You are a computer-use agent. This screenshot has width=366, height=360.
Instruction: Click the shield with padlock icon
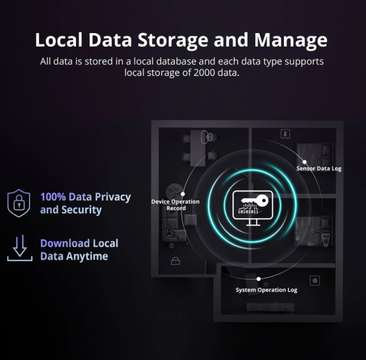pyautogui.click(x=18, y=203)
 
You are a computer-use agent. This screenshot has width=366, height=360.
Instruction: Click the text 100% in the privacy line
pyautogui.click(x=53, y=197)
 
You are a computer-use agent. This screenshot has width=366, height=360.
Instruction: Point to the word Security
pyautogui.click(x=81, y=210)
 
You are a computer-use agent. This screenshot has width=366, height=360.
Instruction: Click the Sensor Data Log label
pyautogui.click(x=319, y=168)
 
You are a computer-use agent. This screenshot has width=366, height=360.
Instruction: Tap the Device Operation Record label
pyautogui.click(x=176, y=205)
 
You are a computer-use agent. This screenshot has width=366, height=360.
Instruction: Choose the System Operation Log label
pyautogui.click(x=266, y=290)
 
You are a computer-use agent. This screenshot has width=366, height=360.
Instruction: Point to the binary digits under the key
pyautogui.click(x=248, y=213)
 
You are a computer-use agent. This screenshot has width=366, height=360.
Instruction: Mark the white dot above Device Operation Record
pyautogui.click(x=182, y=194)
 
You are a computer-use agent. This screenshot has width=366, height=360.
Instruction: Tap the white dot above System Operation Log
pyautogui.click(x=258, y=279)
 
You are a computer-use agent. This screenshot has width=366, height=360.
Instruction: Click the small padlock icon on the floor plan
pyautogui.click(x=175, y=261)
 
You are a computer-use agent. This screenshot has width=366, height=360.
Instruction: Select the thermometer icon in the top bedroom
pyautogui.click(x=285, y=134)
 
